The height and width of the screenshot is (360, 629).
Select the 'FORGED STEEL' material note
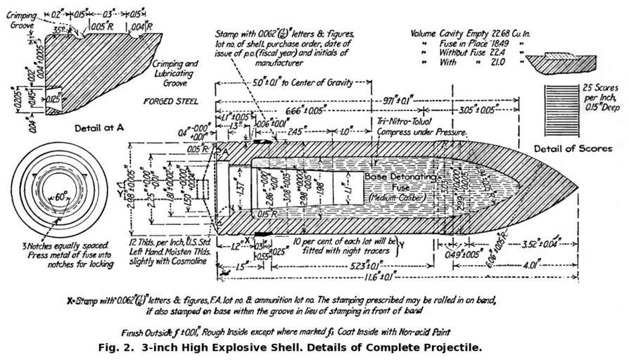pyautogui.click(x=171, y=101)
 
